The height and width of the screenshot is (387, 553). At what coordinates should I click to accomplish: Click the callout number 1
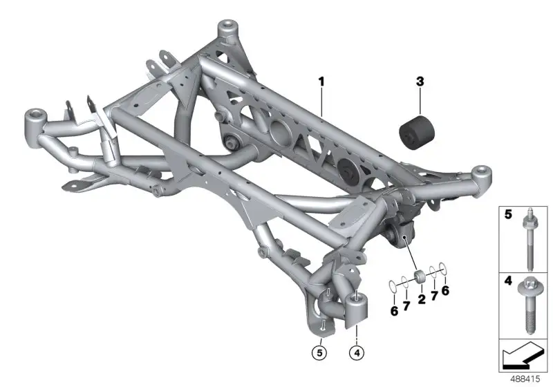coord(321,82)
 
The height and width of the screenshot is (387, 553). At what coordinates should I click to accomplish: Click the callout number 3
coord(420,82)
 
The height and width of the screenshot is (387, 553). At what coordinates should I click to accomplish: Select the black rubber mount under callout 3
coord(417,132)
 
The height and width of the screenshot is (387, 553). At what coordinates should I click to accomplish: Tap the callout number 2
coord(422,299)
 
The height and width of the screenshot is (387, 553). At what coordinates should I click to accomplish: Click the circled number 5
coord(319,352)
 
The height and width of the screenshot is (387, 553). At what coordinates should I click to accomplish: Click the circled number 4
coord(357,352)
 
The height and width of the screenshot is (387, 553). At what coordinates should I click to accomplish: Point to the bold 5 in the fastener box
coord(508,214)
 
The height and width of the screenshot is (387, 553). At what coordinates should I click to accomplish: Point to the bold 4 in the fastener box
coord(508,281)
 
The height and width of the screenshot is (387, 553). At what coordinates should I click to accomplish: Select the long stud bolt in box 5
coord(530,240)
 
